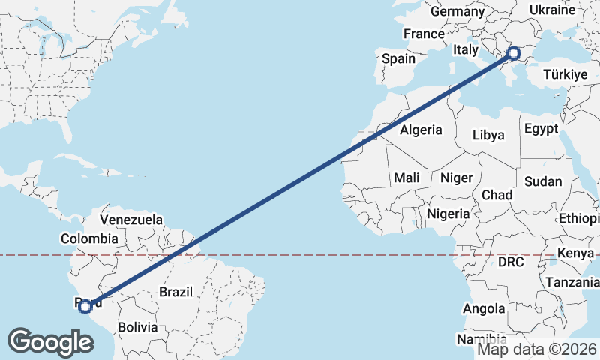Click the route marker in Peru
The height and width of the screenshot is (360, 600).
[85, 306]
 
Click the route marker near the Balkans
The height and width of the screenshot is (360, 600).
[514, 52]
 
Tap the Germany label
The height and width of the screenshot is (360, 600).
[457, 12]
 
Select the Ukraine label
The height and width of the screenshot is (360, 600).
[552, 10]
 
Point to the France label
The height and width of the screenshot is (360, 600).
[424, 34]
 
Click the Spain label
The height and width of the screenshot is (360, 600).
[398, 58]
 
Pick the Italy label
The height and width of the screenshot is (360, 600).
[465, 50]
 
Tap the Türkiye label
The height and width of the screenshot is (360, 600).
[564, 75]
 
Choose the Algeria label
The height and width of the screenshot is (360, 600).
[421, 130]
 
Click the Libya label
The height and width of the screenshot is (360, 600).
[488, 136]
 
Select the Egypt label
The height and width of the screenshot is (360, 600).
[541, 129]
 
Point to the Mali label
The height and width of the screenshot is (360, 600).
[406, 178]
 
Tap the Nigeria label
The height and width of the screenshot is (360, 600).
[448, 214]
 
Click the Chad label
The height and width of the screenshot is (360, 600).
[496, 195]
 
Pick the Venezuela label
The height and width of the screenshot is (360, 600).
[131, 220]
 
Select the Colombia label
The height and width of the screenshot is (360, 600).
[89, 238]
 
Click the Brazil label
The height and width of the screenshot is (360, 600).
[176, 292]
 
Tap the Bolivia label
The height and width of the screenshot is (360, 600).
[137, 327]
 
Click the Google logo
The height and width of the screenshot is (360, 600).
[50, 342]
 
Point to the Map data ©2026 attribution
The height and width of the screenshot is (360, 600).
[537, 349]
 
